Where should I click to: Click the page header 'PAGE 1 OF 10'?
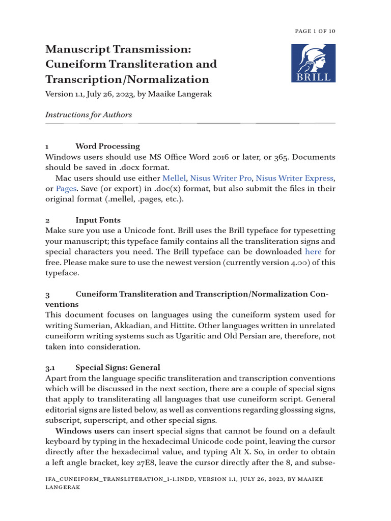315,31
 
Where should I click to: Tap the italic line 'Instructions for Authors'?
89,114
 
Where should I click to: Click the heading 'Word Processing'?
107,147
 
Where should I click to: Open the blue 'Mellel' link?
174,178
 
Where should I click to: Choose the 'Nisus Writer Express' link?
294,178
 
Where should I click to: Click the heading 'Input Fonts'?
98,220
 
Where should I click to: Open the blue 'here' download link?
313,251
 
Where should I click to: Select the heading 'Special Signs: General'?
118,367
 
